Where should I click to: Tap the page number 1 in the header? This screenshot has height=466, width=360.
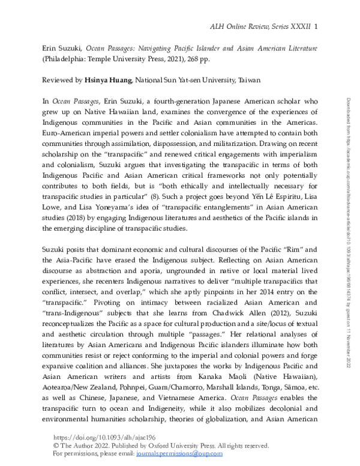click(x=316, y=26)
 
